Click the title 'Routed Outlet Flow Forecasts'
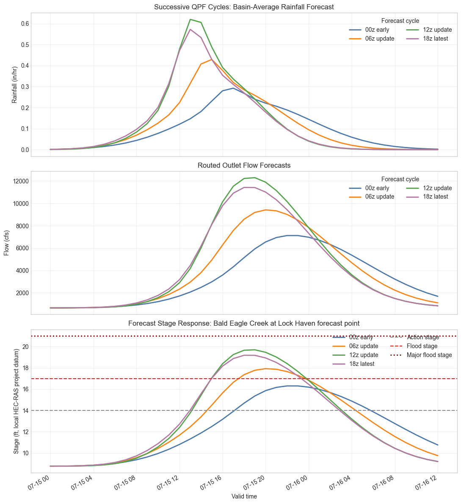(x=244, y=166)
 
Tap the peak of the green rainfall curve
(x=190, y=19)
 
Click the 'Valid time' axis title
(x=244, y=496)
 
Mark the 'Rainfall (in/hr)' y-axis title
(x=14, y=85)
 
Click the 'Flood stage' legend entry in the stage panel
(x=414, y=346)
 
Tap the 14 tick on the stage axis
(x=26, y=411)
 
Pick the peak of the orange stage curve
(x=266, y=368)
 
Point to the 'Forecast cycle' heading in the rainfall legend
(x=400, y=21)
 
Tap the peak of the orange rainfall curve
(x=212, y=59)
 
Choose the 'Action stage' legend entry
(x=415, y=338)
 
